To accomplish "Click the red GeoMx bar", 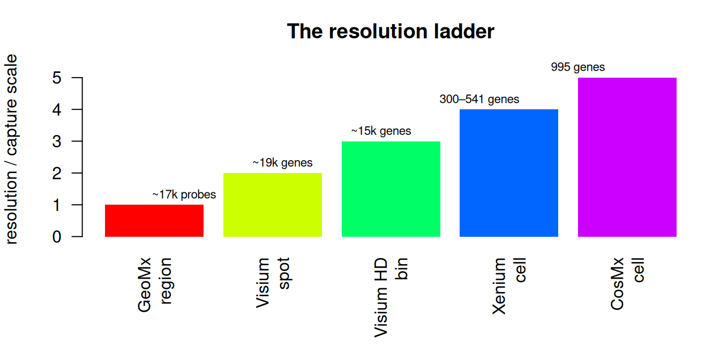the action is pos(154,221).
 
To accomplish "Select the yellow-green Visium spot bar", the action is pos(273,205).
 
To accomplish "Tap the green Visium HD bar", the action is pos(391,189).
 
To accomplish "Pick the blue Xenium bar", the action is pos(509,173).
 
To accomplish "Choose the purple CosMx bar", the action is pos(627,157).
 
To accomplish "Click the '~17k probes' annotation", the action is pos(184,195).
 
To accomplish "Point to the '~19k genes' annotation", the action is pos(282,163).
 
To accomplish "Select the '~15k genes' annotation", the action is pos(381,131).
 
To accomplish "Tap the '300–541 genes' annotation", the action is pos(479,99).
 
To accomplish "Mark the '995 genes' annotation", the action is pos(578,67).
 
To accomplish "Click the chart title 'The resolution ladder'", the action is pos(391,31).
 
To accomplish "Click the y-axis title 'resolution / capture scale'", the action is pos(11,149).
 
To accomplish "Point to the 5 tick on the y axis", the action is pos(77,78).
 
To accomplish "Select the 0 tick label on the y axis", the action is pos(57,237).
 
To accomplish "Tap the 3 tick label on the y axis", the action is pos(57,141).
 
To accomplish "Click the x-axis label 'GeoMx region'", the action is pos(155,285).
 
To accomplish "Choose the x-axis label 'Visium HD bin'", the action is pos(391,297).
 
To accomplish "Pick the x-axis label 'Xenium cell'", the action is pos(509,286).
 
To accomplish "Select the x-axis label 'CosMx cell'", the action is pos(627,283).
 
